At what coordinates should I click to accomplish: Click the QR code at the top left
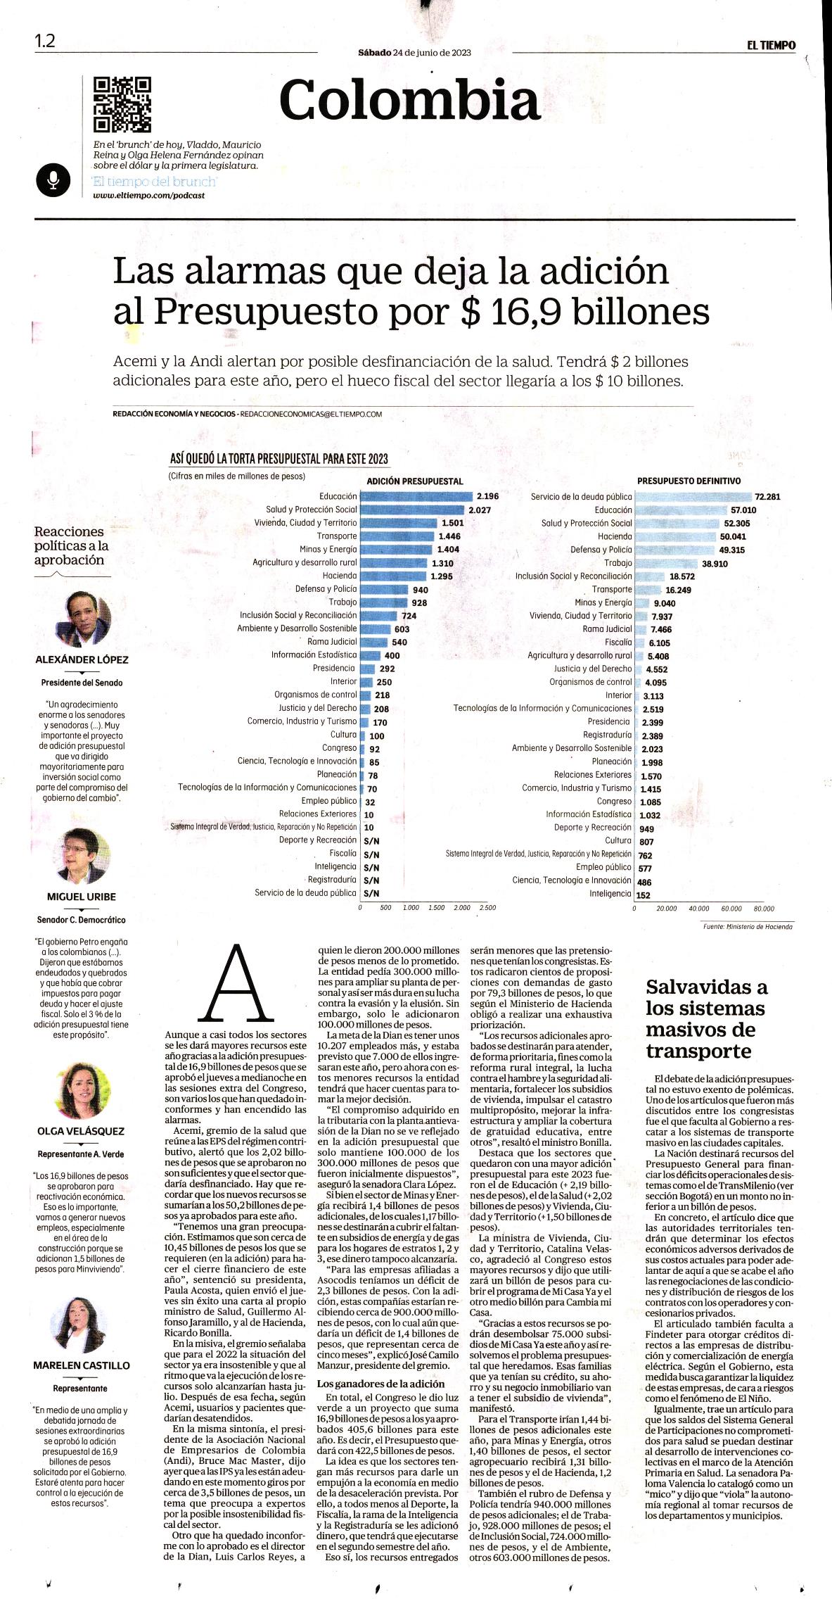coord(122,104)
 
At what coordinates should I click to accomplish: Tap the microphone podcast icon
coord(53,180)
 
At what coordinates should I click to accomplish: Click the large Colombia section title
coord(409,99)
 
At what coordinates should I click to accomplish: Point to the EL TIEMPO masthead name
coord(772,45)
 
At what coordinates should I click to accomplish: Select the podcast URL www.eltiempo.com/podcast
coord(149,195)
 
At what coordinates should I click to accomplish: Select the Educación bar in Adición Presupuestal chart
coord(416,496)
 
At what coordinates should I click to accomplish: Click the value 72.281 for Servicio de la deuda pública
coord(767,497)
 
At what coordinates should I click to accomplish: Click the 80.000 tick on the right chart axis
coord(764,909)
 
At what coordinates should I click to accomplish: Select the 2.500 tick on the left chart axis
coord(487,908)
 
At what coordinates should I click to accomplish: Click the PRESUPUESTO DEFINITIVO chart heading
coord(689,481)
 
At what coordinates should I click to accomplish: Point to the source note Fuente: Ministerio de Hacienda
coord(747,927)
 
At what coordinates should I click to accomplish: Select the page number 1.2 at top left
coord(45,41)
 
